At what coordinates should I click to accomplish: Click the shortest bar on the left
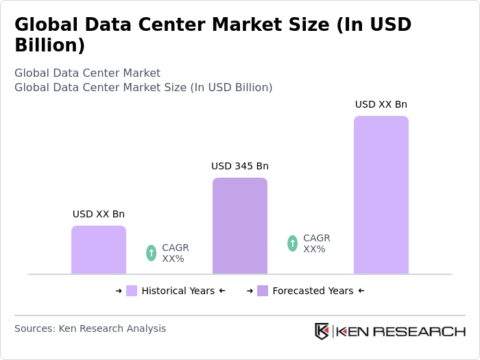click(99, 250)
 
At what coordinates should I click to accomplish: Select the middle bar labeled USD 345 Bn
click(240, 226)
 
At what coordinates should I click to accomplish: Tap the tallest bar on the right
click(381, 195)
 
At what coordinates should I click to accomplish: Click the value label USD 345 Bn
click(240, 166)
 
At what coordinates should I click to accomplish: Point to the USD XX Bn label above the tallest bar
click(381, 104)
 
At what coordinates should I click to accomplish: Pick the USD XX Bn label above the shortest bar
click(99, 214)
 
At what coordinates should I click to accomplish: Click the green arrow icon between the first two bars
click(152, 253)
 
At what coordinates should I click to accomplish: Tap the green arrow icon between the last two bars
click(293, 243)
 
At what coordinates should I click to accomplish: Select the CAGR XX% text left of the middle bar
click(175, 253)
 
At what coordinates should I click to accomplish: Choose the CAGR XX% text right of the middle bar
click(316, 243)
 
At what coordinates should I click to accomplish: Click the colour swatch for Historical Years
click(132, 291)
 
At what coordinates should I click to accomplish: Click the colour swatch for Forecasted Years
click(263, 291)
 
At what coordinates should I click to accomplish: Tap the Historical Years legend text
click(178, 291)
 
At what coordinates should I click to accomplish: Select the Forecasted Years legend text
click(313, 291)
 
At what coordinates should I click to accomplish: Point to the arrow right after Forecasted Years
click(361, 291)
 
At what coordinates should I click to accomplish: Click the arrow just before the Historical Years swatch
click(119, 291)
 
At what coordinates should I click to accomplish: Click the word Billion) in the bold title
click(49, 45)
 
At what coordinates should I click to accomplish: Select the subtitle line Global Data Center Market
click(87, 73)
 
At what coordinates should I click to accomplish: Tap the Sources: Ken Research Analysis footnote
click(90, 328)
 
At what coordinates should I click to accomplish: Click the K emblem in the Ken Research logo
click(322, 331)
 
